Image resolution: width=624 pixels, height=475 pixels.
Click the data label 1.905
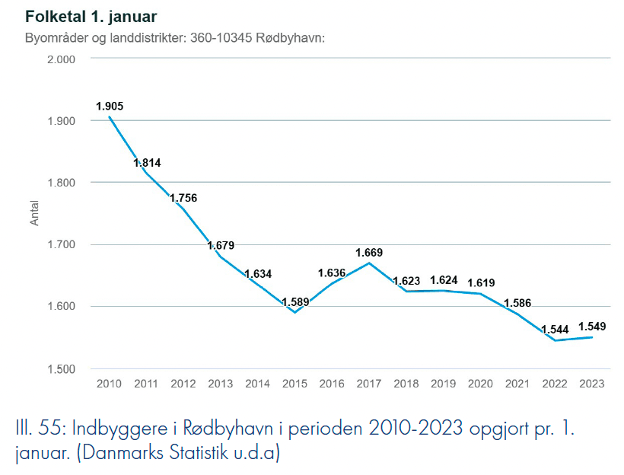110,107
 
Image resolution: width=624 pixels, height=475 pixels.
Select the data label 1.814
147,163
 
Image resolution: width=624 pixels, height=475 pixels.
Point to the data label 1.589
295,302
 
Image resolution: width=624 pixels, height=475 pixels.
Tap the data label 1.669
369,252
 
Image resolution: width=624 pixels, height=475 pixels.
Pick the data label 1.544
555,330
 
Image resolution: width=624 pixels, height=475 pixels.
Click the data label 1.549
591,327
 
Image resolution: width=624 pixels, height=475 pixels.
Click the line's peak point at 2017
369,263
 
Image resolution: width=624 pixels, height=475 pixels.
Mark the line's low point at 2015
295,312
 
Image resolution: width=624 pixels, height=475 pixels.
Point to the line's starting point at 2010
110,116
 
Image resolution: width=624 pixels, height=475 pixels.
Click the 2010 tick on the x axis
110,384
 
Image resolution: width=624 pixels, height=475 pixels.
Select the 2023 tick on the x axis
591,384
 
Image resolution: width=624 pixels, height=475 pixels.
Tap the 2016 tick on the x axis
332,384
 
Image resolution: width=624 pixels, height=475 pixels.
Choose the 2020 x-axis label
480,384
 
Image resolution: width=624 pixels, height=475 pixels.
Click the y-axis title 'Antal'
33,214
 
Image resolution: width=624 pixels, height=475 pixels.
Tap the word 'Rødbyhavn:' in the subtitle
295,37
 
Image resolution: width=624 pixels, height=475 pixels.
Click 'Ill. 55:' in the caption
39,429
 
